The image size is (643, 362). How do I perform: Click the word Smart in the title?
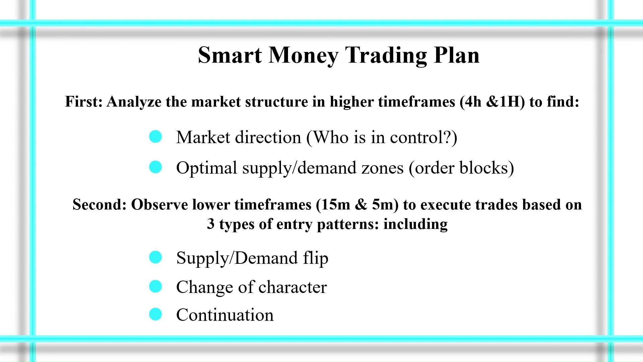(x=230, y=55)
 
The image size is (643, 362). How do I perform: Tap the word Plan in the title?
(x=457, y=55)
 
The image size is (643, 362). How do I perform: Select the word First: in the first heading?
(x=84, y=102)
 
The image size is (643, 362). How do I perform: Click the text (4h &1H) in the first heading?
(x=492, y=102)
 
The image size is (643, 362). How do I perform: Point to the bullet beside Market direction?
(x=155, y=137)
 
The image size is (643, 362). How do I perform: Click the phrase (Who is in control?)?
(x=382, y=137)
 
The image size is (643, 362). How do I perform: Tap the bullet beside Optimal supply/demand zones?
(x=155, y=167)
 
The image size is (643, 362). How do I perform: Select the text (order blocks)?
(x=461, y=168)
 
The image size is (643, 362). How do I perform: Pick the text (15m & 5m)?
(x=357, y=204)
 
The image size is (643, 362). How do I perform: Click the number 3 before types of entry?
(x=211, y=224)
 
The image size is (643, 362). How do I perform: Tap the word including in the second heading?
(x=416, y=224)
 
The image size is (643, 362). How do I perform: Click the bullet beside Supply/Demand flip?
(x=155, y=257)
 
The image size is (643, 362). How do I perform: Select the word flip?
(x=316, y=258)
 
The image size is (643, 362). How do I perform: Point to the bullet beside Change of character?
(x=155, y=286)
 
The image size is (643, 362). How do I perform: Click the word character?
(x=293, y=287)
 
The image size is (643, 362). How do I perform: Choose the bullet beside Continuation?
(x=155, y=314)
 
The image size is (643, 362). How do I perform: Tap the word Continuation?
(x=225, y=315)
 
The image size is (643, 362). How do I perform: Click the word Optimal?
(x=207, y=168)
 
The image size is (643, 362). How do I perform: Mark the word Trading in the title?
(x=386, y=55)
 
